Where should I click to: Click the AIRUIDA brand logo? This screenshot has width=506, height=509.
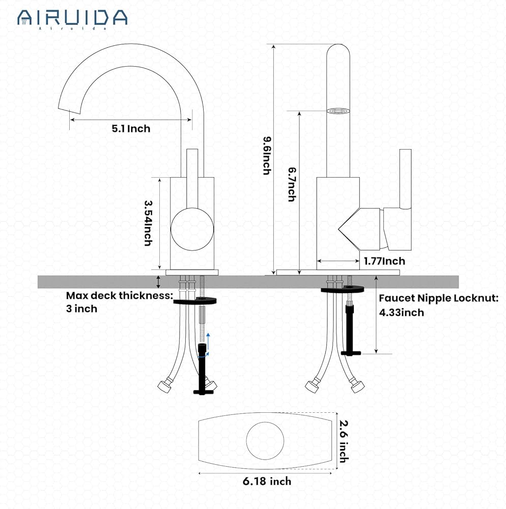click(72, 18)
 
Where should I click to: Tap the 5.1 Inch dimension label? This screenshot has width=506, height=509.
click(131, 129)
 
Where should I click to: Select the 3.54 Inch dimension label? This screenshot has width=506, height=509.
click(148, 222)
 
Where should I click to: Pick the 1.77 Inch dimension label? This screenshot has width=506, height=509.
click(384, 261)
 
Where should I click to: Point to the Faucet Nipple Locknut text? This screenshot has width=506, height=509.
click(438, 298)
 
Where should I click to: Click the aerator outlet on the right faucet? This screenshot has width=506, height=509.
click(338, 110)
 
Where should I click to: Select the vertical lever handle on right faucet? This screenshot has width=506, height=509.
click(405, 179)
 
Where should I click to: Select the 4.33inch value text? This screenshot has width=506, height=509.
click(401, 313)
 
